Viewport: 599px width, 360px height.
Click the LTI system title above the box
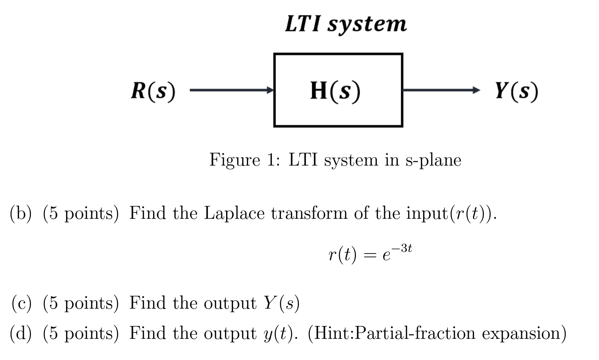(x=345, y=24)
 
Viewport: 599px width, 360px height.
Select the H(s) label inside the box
(x=335, y=91)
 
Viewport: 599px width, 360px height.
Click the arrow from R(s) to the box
(x=231, y=90)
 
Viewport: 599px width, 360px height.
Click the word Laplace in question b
(x=234, y=214)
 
